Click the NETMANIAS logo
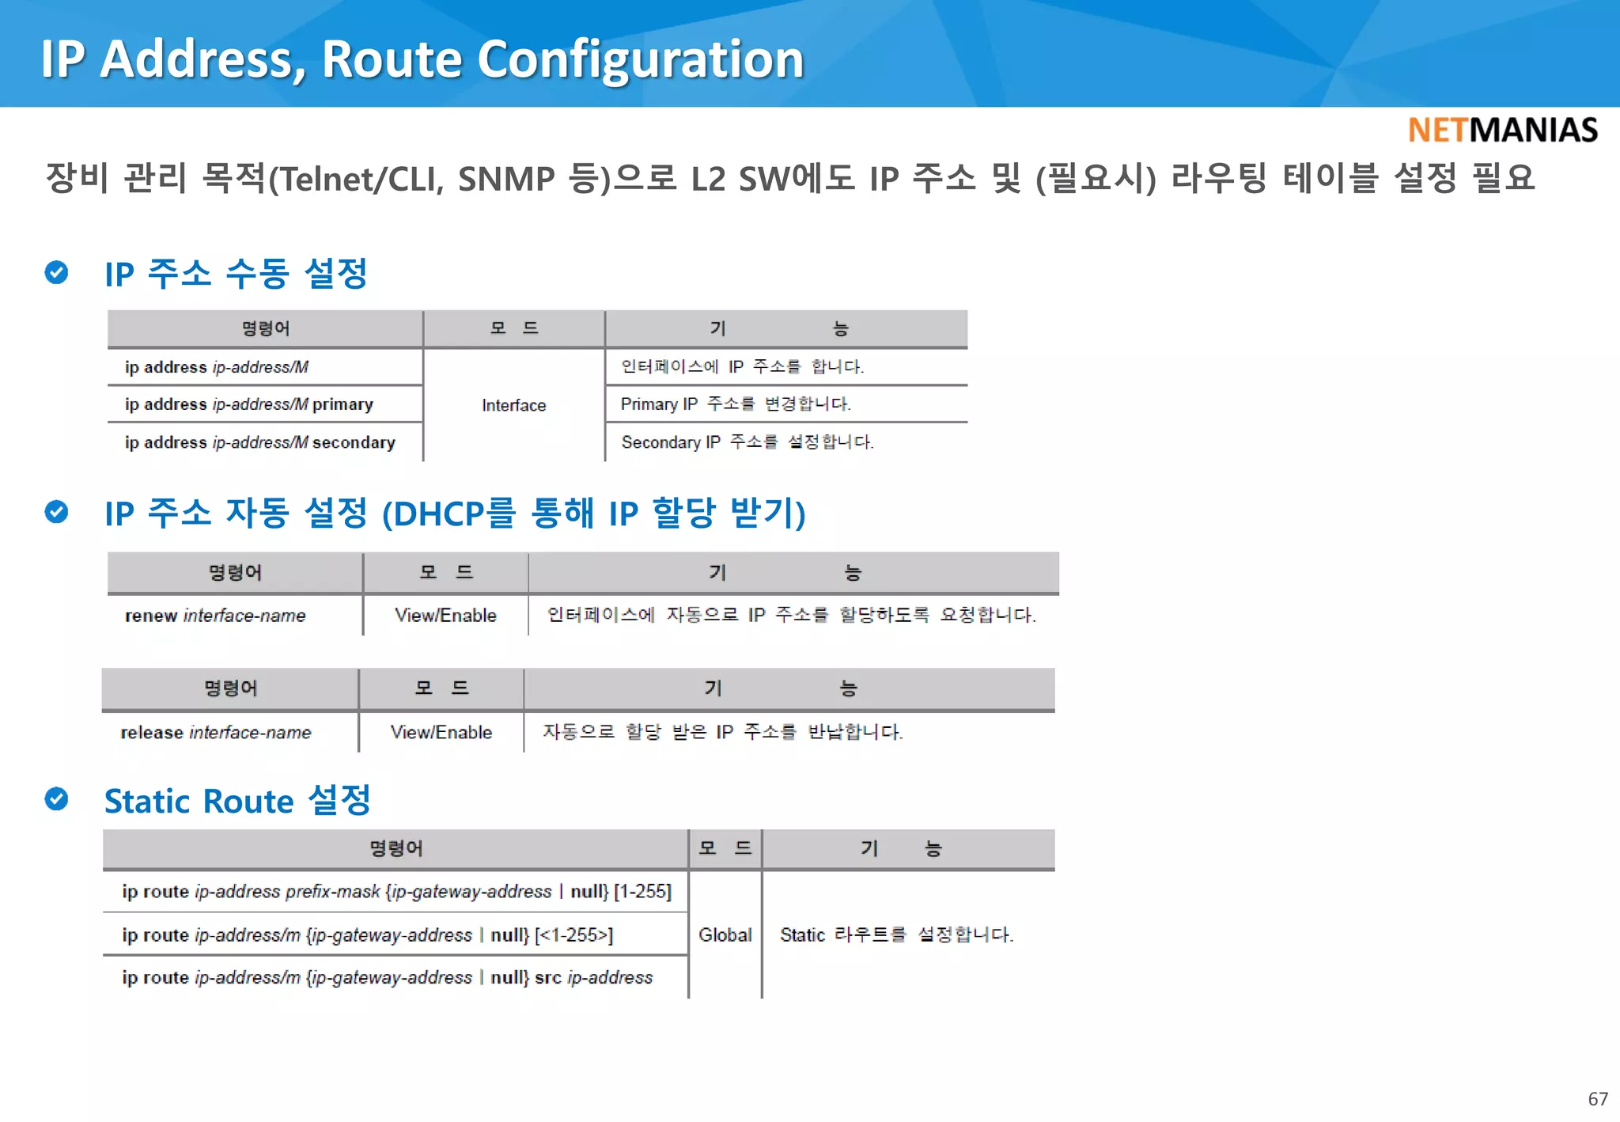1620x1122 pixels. (x=1502, y=130)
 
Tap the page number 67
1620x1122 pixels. (x=1597, y=1098)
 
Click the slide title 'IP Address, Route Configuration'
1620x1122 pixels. (x=422, y=59)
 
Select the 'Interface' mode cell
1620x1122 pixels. (x=513, y=405)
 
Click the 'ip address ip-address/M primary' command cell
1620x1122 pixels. (x=248, y=404)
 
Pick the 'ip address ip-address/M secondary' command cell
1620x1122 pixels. (x=259, y=442)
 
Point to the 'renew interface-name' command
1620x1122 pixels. (x=214, y=616)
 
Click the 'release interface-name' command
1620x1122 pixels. (x=215, y=733)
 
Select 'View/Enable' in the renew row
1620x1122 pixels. (x=445, y=616)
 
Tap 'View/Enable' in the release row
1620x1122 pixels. (x=441, y=733)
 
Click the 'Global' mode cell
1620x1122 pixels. (x=725, y=934)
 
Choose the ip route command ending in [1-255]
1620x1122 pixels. (x=396, y=892)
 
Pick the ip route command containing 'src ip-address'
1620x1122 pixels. (x=387, y=978)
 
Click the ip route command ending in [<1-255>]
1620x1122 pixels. (x=367, y=935)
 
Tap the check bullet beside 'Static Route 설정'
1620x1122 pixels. (x=56, y=799)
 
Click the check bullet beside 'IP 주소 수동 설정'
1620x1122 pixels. (x=56, y=272)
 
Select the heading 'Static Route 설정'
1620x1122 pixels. (x=237, y=801)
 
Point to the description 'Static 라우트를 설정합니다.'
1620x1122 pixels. (x=896, y=934)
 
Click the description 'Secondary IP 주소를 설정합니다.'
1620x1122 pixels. (x=747, y=442)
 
